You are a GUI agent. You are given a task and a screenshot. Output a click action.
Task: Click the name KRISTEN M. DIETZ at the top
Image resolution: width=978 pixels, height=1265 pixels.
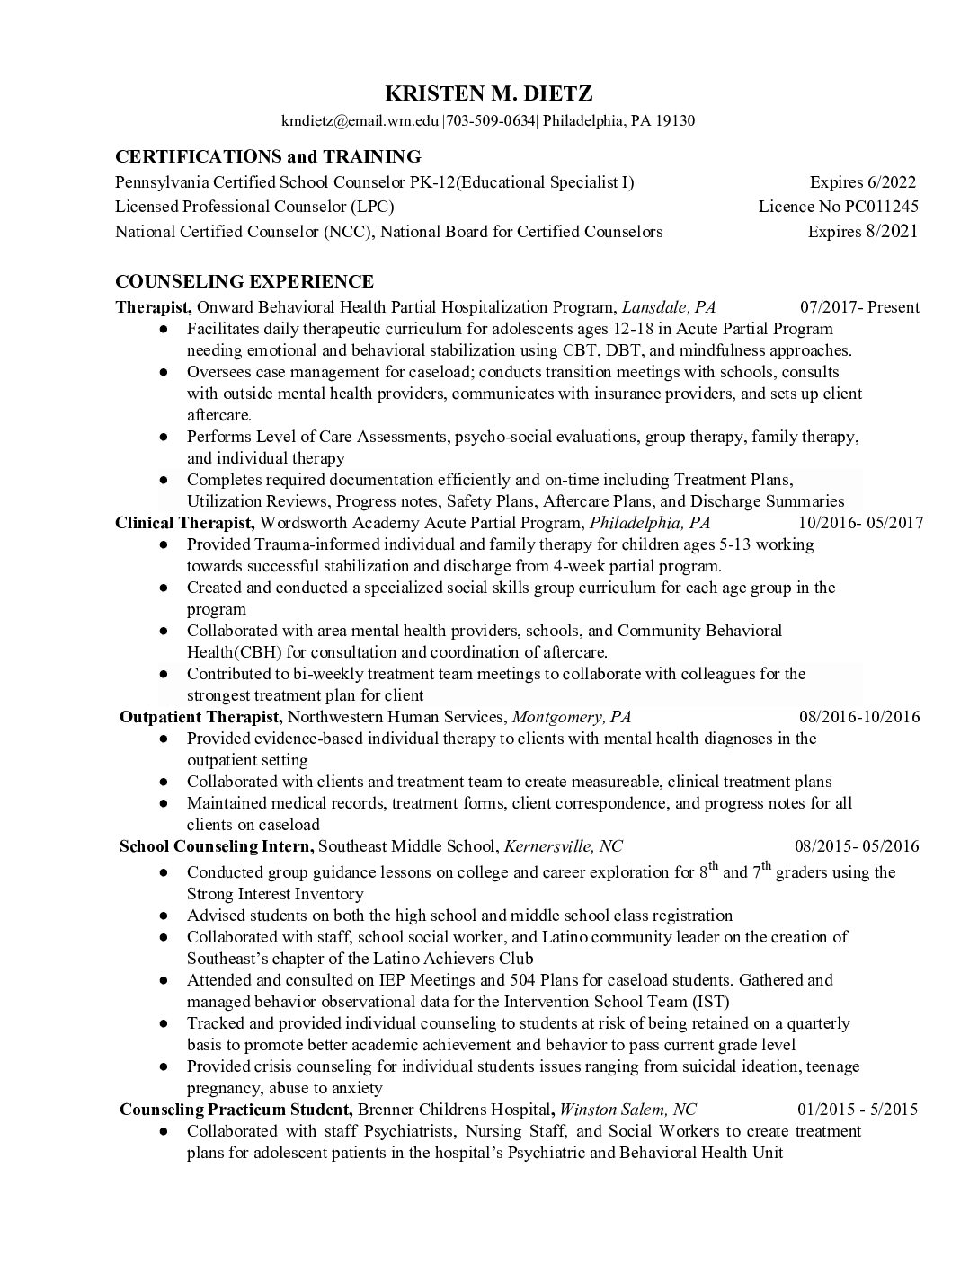pyautogui.click(x=489, y=93)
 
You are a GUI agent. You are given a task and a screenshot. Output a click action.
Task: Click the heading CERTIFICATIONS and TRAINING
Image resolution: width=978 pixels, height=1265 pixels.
pyautogui.click(x=268, y=156)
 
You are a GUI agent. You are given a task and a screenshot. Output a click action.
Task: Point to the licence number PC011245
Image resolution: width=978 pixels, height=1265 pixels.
pyautogui.click(x=881, y=207)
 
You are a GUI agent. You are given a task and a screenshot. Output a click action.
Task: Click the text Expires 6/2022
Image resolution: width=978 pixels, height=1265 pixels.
pyautogui.click(x=862, y=182)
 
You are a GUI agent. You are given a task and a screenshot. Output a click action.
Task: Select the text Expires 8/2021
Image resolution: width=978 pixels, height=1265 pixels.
pyautogui.click(x=862, y=232)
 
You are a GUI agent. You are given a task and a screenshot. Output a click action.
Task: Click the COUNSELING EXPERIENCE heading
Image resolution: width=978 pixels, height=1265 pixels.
pyautogui.click(x=244, y=282)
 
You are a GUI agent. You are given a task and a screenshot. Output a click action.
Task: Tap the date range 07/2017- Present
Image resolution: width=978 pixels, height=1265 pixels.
pyautogui.click(x=859, y=307)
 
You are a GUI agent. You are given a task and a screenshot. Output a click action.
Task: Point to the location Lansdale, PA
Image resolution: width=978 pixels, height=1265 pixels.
pyautogui.click(x=669, y=307)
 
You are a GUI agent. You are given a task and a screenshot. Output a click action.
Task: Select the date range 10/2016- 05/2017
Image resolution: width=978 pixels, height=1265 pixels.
pyautogui.click(x=860, y=523)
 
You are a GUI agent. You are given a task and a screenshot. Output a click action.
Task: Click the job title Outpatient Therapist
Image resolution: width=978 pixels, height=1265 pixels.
pyautogui.click(x=201, y=717)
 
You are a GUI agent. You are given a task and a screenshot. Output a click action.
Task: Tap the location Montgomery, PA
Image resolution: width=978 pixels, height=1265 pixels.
pyautogui.click(x=571, y=717)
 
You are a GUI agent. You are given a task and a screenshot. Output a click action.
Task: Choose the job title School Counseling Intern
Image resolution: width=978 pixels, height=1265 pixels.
pyautogui.click(x=216, y=846)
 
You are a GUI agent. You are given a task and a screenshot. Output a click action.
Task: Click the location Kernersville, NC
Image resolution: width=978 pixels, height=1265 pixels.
pyautogui.click(x=563, y=846)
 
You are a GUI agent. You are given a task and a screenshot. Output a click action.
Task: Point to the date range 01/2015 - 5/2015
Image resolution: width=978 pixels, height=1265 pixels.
pyautogui.click(x=857, y=1109)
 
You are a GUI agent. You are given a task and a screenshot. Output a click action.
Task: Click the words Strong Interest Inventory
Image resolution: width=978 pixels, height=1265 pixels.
pyautogui.click(x=275, y=894)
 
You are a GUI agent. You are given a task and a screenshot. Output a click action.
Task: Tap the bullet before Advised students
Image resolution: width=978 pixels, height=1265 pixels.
pyautogui.click(x=163, y=916)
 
